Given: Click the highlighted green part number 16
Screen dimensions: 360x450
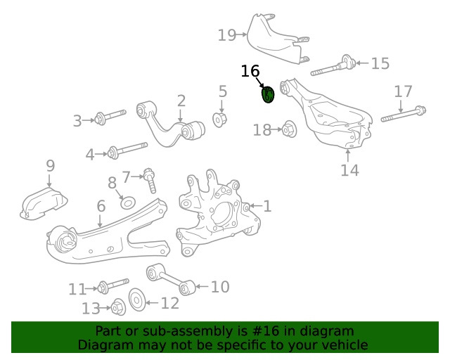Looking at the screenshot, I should click(268, 94).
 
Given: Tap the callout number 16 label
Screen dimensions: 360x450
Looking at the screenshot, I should click(250, 71).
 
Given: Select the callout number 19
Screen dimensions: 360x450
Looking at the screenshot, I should click(226, 34).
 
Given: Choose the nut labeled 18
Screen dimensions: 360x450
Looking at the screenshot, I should click(288, 129).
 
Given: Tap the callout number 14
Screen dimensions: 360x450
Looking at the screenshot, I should click(349, 169).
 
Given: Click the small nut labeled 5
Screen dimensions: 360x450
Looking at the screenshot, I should click(219, 119).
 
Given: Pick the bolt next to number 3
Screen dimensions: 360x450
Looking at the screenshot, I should click(111, 116).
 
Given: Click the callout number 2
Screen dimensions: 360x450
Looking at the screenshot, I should click(181, 101).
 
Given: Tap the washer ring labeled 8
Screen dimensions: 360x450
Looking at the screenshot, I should click(127, 202).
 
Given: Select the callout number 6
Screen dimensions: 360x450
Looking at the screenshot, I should click(101, 206).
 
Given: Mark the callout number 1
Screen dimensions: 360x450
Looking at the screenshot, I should click(267, 206).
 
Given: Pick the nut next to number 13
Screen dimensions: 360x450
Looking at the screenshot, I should click(118, 307).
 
